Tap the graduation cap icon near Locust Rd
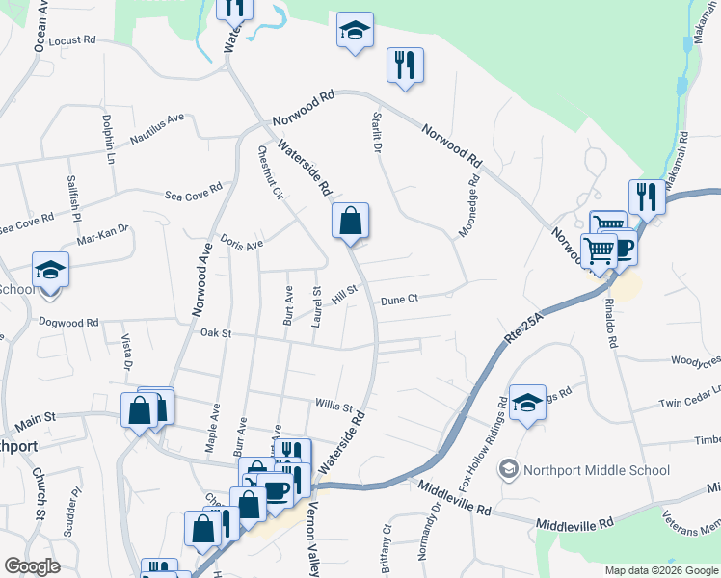pos(355,32)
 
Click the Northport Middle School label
pos(596,470)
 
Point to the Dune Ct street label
pos(399,300)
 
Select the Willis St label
pos(334,407)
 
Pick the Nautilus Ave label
pos(156,129)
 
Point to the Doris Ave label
pos(241,243)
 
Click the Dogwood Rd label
pos(67,323)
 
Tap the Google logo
pos(33,567)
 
